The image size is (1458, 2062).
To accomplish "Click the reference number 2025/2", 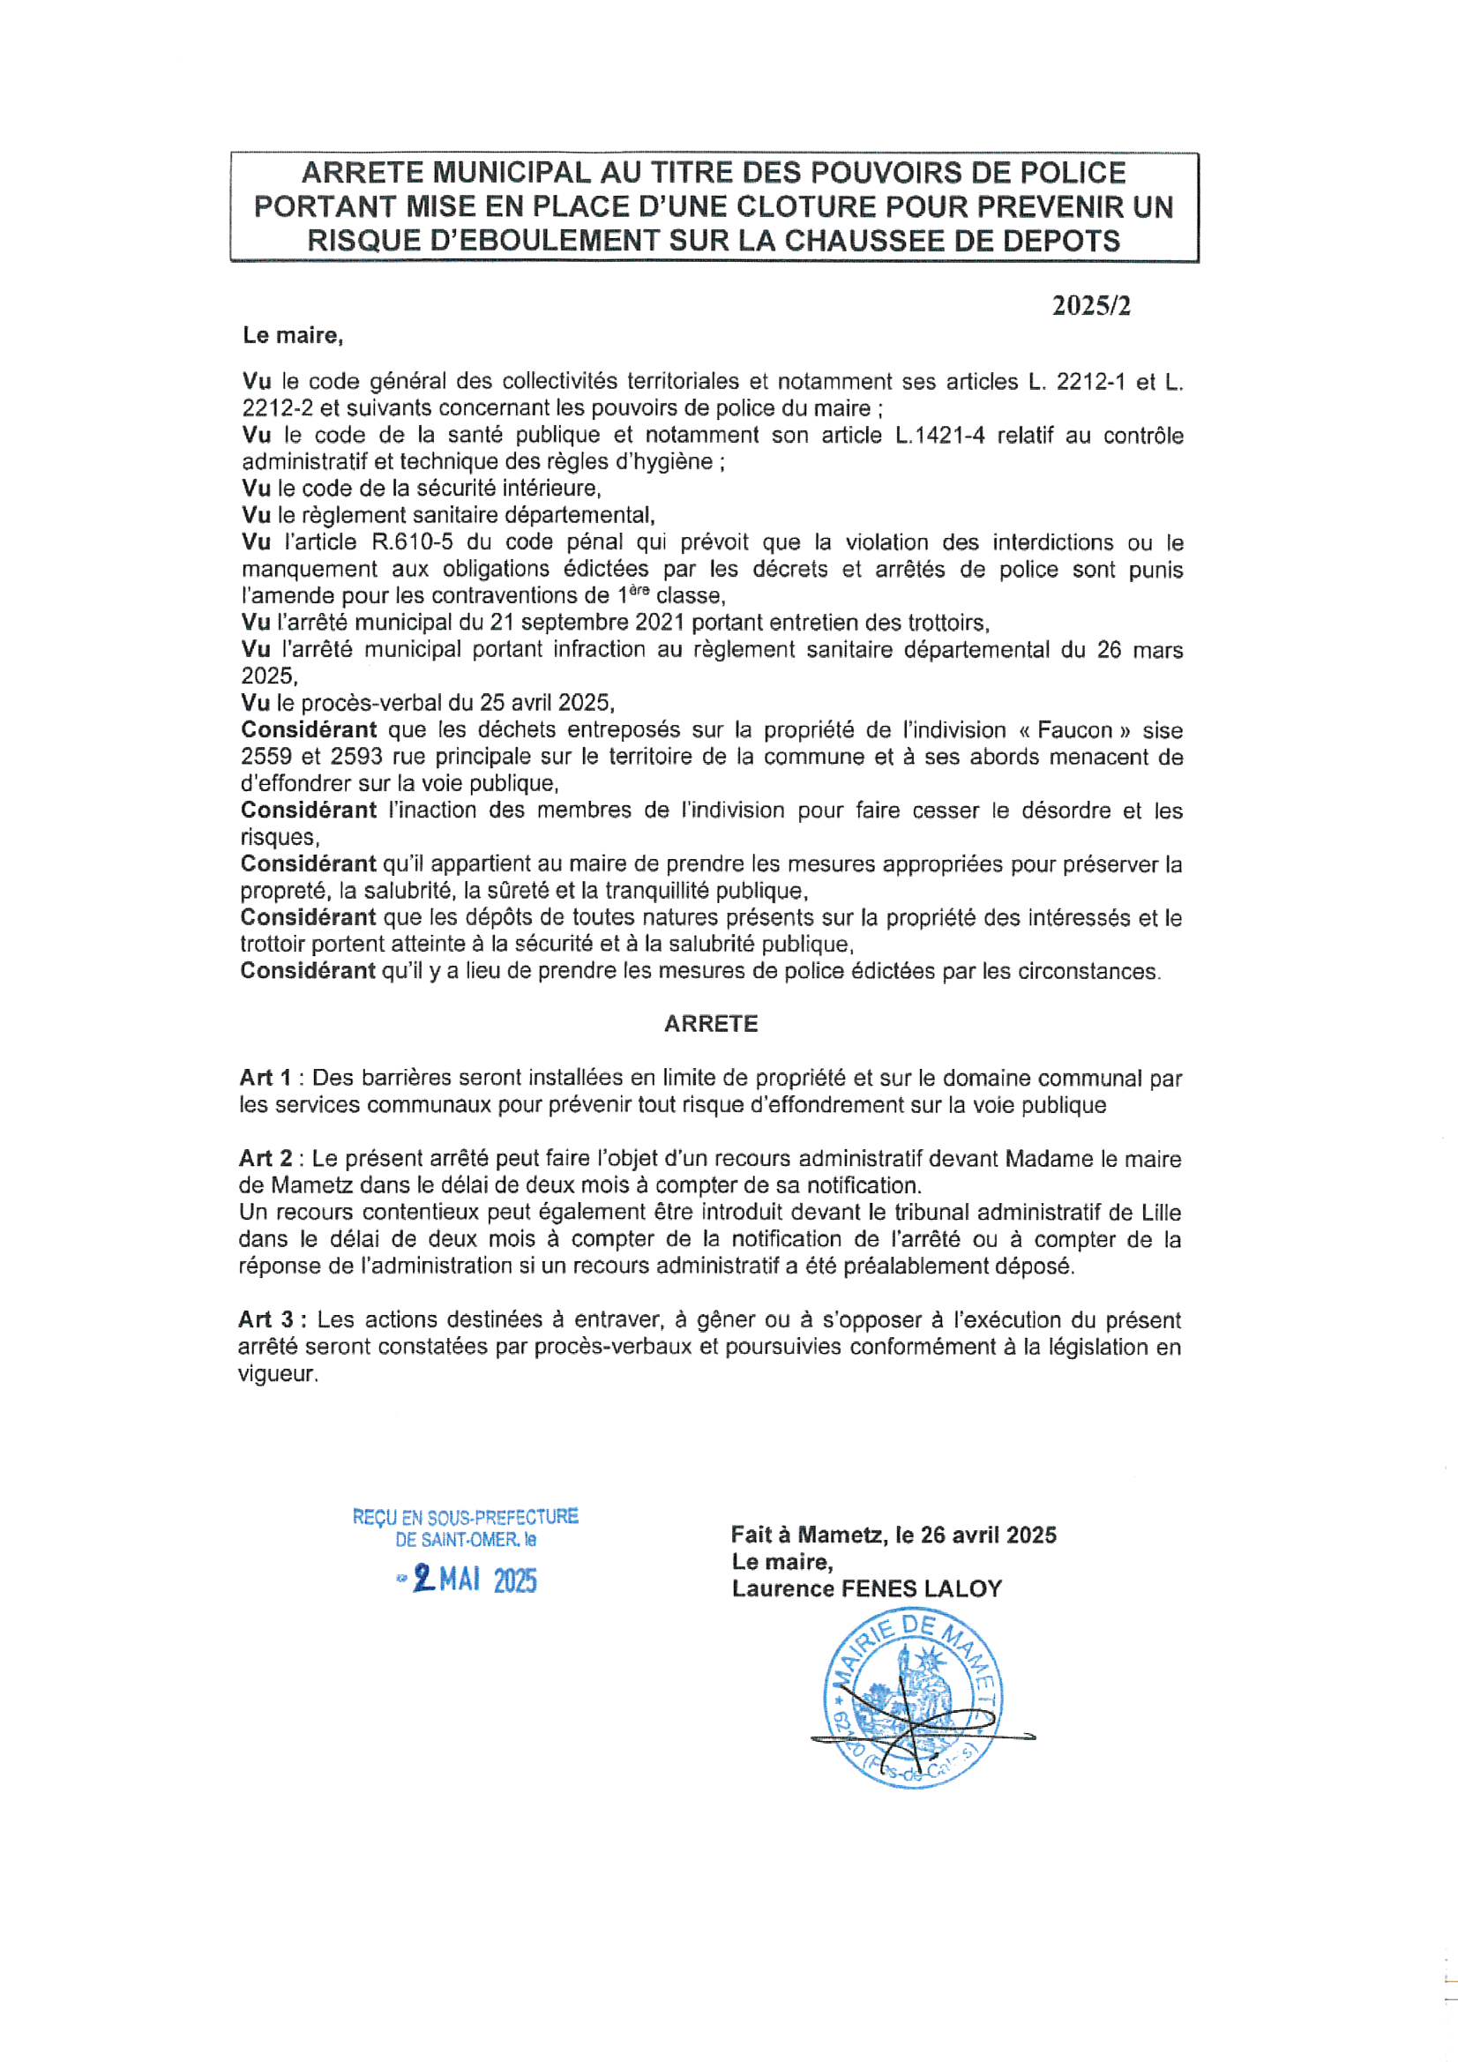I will tap(1090, 306).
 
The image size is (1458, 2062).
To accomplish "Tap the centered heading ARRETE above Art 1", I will tap(711, 1024).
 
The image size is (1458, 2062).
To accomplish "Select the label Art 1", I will tap(265, 1078).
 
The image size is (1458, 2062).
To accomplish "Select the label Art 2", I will tap(265, 1159).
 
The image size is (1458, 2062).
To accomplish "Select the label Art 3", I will tap(266, 1319).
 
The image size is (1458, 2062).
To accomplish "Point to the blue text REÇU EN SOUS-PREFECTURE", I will tap(466, 1517).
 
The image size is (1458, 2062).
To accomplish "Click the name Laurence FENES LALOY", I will tap(866, 1588).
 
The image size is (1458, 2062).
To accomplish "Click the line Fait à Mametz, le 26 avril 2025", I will tap(893, 1535).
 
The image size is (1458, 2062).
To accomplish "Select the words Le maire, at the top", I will tap(293, 336).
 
